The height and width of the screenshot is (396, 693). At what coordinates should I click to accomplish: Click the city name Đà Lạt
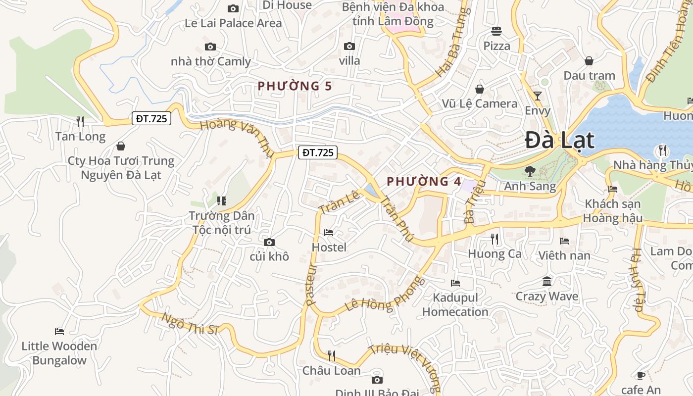coord(559,140)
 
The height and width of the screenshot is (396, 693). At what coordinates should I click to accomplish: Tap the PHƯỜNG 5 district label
coord(295,86)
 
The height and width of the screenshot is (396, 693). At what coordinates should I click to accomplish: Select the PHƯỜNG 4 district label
coord(424,181)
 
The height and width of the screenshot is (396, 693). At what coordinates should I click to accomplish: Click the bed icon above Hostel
coord(329,233)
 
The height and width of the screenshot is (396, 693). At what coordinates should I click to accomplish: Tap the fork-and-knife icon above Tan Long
coord(80,121)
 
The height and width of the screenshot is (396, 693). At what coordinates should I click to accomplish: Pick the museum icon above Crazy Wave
coord(547,282)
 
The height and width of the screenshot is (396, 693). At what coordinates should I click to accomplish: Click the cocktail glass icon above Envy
coord(538,96)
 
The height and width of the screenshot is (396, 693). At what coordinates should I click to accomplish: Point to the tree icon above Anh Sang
coord(530,171)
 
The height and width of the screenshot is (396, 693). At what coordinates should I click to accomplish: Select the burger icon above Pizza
coord(496,31)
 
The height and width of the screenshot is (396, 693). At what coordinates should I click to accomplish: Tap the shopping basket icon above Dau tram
coord(589,61)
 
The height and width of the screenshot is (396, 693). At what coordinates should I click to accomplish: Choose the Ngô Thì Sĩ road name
coord(190,324)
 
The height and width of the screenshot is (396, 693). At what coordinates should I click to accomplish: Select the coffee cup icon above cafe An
coord(641,375)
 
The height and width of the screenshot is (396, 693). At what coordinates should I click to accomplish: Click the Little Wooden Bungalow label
coord(59,353)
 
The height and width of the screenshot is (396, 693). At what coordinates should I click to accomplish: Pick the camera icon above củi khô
coord(269,242)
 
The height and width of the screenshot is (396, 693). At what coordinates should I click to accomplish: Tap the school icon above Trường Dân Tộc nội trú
coord(222,200)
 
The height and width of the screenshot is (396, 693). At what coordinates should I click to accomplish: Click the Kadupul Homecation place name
coord(455,304)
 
